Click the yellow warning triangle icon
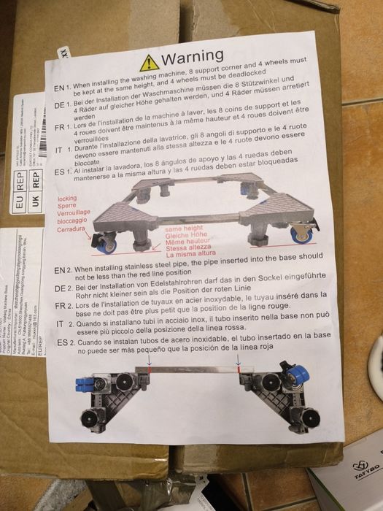[x=149, y=62]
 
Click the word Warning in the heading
[x=192, y=56]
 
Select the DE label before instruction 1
[x=62, y=105]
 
